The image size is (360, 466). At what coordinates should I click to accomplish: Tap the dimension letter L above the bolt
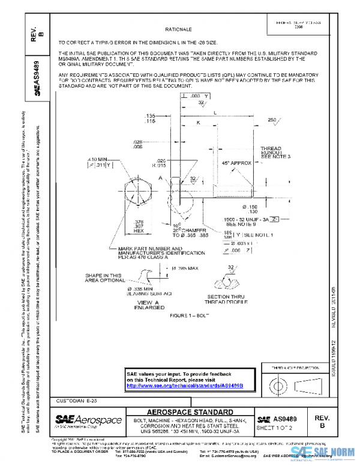pyautogui.click(x=215, y=111)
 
